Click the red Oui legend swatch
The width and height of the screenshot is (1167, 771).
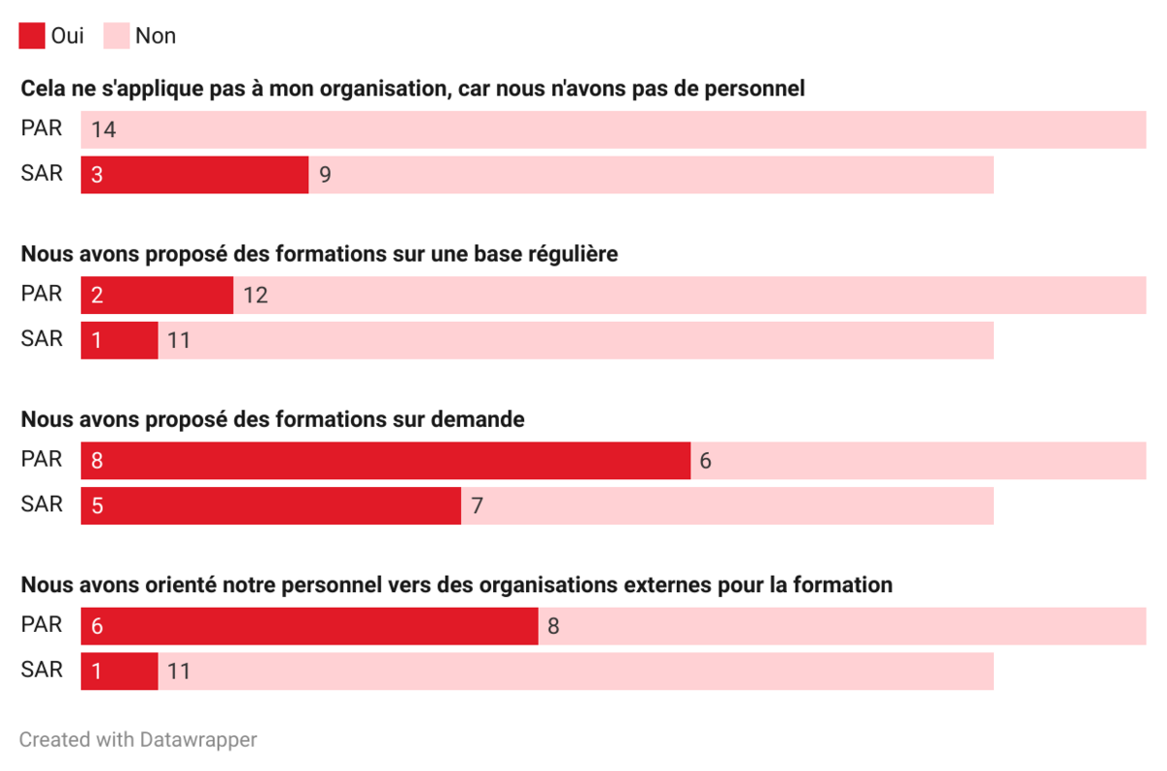[x=32, y=36]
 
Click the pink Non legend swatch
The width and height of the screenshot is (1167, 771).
[x=116, y=36]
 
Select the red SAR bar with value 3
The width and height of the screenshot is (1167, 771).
[x=194, y=175]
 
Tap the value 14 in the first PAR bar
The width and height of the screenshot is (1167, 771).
[x=104, y=129]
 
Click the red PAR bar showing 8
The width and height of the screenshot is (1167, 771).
[x=385, y=461]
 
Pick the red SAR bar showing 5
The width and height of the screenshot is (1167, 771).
[x=270, y=507]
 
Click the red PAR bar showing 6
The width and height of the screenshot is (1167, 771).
[x=309, y=626]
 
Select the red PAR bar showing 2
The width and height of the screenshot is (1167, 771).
[x=157, y=296]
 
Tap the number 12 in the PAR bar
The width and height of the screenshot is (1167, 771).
[x=255, y=296]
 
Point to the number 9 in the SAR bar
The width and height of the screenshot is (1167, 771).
[x=325, y=176]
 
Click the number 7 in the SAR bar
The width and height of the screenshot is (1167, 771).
[x=477, y=507]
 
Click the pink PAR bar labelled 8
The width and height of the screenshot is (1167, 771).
[x=842, y=626]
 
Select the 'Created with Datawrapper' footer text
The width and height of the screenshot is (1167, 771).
[x=138, y=740]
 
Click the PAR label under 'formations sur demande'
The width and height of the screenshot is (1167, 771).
[x=42, y=459]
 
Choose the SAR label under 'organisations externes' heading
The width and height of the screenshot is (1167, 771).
[x=42, y=670]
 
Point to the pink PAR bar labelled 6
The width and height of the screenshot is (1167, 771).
[x=918, y=461]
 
